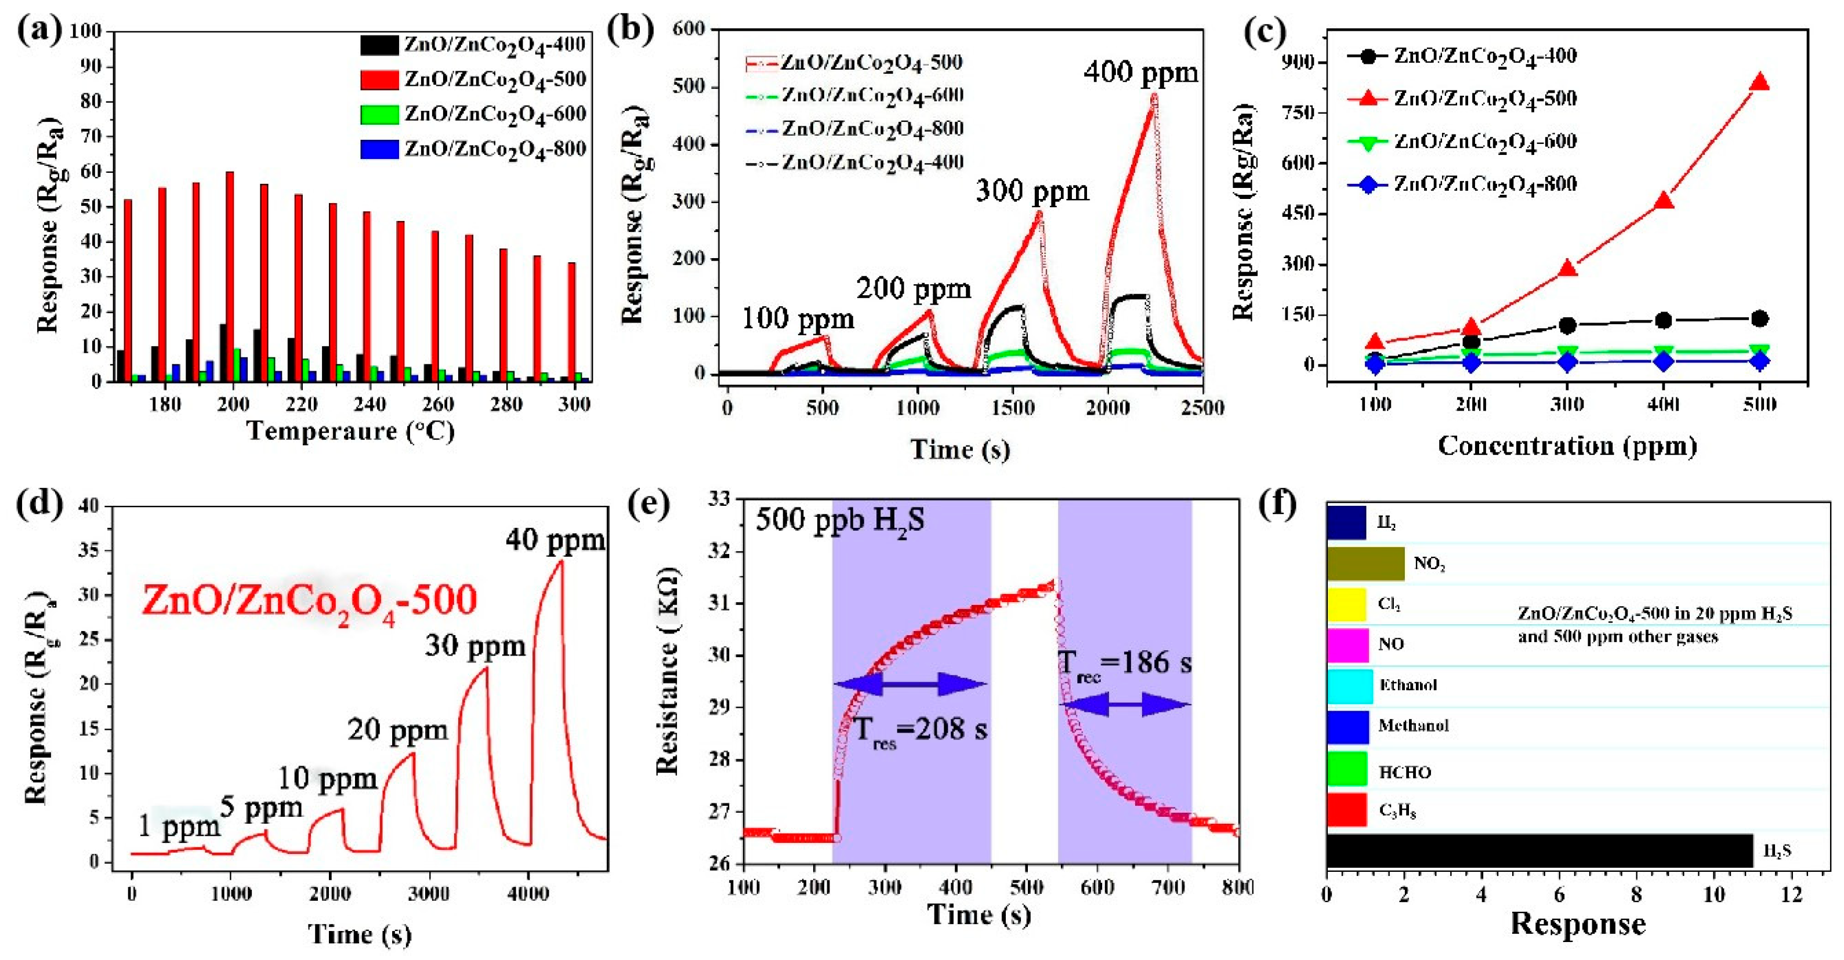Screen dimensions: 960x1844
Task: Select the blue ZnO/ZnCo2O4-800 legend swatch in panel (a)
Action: [379, 149]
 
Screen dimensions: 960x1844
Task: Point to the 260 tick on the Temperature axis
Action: [437, 404]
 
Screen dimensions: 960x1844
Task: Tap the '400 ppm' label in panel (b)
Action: [1140, 73]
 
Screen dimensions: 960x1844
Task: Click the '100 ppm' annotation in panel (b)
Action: [798, 318]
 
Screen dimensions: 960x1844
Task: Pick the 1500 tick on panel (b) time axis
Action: [1012, 407]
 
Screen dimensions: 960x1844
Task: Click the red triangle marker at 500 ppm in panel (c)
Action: [1759, 83]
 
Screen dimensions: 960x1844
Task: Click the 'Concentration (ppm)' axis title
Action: [1567, 446]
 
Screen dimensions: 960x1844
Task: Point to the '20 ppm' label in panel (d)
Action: [398, 730]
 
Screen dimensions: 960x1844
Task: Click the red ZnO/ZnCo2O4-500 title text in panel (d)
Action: [309, 600]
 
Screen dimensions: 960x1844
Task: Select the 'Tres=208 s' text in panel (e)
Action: [921, 730]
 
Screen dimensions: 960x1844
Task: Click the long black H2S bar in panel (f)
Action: [1539, 850]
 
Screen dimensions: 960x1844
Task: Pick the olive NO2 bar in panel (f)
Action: [1365, 563]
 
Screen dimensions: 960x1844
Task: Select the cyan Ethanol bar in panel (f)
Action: [1349, 685]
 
